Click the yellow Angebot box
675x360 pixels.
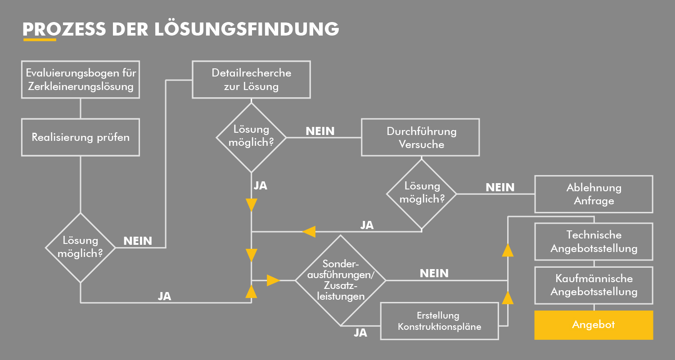click(x=593, y=324)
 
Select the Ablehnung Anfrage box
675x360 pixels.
click(x=594, y=194)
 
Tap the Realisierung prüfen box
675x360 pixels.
click(x=81, y=137)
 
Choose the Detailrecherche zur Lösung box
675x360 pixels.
click(x=251, y=79)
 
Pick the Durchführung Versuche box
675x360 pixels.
click(x=421, y=137)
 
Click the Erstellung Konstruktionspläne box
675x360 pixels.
click(x=439, y=320)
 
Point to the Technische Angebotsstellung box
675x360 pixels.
click(x=594, y=241)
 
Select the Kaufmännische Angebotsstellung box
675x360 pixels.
click(x=594, y=285)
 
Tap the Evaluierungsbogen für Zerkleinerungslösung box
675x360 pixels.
click(x=81, y=79)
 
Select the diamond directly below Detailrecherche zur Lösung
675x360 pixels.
click(x=251, y=137)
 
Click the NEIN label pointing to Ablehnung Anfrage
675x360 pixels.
click(x=499, y=187)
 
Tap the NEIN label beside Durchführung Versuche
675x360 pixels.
click(x=320, y=131)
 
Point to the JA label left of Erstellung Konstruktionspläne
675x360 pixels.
click(x=360, y=333)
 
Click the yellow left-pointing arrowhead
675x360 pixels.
click(x=309, y=232)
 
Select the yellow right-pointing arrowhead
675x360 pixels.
click(x=273, y=280)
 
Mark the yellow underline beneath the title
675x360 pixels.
click(x=39, y=40)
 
